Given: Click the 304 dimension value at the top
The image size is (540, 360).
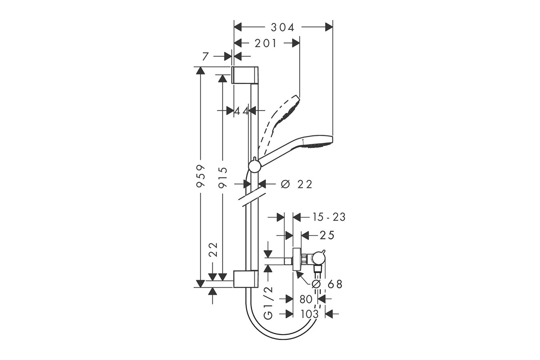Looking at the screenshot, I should [282, 27].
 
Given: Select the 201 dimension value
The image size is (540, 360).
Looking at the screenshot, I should [266, 43].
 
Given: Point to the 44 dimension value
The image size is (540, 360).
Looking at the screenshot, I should [242, 111].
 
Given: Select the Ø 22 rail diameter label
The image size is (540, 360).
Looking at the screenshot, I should [297, 184].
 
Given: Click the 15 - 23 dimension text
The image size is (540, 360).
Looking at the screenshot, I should [329, 217].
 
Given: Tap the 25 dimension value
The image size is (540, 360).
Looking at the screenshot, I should [327, 235].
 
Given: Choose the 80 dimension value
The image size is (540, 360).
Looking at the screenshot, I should [306, 299].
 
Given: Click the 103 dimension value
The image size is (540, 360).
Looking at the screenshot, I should [309, 314].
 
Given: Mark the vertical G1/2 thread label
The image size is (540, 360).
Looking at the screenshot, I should [269, 303].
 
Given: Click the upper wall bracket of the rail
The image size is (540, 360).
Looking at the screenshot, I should [246, 75].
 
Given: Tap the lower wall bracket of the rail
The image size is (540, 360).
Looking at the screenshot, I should [246, 279].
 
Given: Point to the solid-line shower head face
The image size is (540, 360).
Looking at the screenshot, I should [318, 142].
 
